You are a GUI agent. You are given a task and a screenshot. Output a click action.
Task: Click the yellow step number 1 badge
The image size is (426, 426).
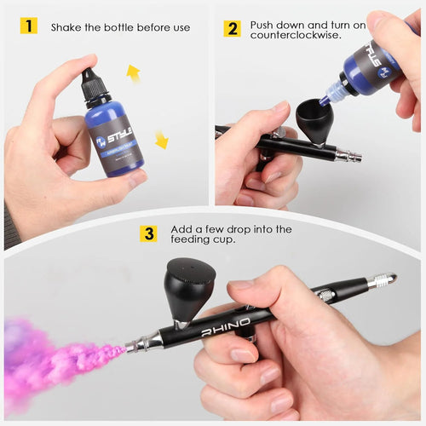tap(29, 26)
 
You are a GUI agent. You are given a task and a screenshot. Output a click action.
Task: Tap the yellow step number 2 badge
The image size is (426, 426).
tap(232, 28)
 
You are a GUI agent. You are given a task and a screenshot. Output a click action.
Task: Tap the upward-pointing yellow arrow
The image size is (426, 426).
tap(133, 74)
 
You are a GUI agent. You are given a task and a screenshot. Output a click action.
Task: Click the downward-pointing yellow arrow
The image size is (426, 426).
tap(161, 140)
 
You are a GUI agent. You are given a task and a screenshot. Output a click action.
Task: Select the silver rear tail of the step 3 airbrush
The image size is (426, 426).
tap(378, 282)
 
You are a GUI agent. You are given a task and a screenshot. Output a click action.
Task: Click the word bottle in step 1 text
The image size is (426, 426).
tap(127, 27)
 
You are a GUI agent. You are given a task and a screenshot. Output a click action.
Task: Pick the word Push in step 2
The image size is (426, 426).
tap(264, 26)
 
